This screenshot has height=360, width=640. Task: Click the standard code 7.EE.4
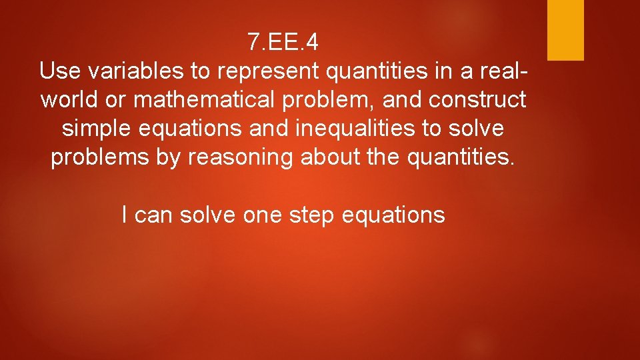pos(283,42)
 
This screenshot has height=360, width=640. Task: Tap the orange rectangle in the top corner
pos(565,30)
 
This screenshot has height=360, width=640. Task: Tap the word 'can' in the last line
pos(151,215)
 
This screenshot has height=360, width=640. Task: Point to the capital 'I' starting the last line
pos(126,215)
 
